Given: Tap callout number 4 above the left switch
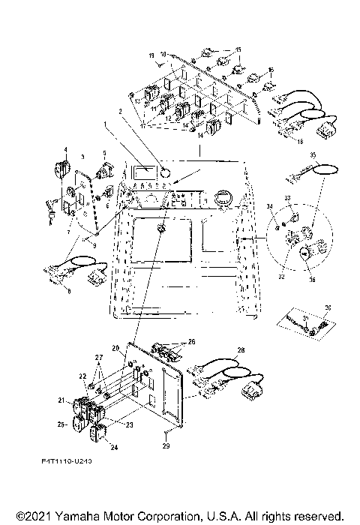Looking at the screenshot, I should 64,149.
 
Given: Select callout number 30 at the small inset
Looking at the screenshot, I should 326,308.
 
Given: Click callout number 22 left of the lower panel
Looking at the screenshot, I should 82,376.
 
